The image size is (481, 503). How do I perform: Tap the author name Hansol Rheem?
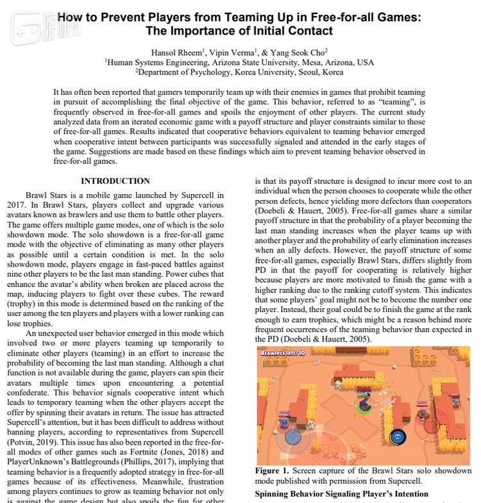point(176,52)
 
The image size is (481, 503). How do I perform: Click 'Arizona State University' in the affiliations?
point(268,63)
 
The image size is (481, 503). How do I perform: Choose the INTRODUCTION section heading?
point(115,181)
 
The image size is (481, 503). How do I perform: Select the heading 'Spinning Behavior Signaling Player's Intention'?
point(341,493)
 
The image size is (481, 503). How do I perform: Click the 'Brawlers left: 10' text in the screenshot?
point(283,352)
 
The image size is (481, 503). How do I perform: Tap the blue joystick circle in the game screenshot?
point(292,436)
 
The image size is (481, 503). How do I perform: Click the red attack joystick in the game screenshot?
point(431,425)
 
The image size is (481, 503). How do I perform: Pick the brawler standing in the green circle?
point(364,403)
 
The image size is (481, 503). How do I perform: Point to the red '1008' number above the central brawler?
point(364,389)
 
